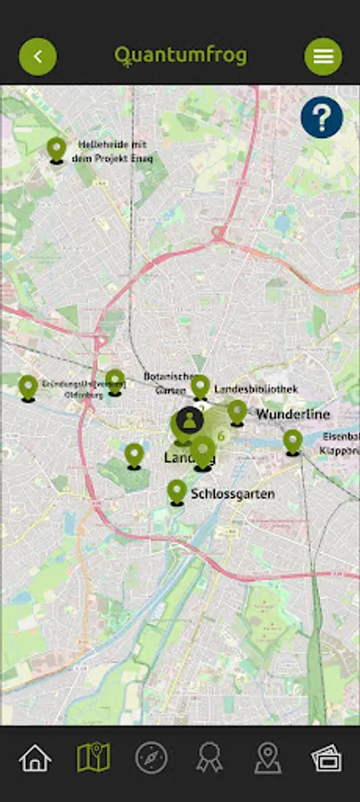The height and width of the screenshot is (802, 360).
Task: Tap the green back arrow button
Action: (37, 57)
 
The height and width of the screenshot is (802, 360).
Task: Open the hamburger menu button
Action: (323, 57)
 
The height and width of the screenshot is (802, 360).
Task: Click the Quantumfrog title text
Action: (180, 56)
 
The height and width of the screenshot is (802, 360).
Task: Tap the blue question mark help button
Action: (322, 117)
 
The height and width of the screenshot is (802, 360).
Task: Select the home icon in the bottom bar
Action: (35, 758)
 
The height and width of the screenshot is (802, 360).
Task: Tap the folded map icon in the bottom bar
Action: (93, 758)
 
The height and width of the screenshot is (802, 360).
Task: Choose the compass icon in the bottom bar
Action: (151, 758)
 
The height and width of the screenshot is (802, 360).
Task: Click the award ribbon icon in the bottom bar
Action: (209, 758)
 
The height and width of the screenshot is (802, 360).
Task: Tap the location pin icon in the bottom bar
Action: (267, 758)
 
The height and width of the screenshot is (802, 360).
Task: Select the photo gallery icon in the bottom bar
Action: (326, 758)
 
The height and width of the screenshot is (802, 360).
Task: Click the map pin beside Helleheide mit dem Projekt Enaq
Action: (57, 149)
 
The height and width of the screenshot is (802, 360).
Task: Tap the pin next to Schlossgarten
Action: (176, 491)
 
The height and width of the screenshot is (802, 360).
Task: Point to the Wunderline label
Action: (293, 414)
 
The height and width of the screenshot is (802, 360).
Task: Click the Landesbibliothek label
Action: (256, 389)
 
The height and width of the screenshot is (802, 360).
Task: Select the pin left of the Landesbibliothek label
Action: (200, 386)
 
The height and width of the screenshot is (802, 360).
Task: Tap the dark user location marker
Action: (189, 421)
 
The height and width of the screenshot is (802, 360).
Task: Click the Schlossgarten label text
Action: (233, 493)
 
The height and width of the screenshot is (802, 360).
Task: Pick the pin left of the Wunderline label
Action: (237, 411)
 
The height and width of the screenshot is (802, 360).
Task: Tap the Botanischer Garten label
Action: (170, 383)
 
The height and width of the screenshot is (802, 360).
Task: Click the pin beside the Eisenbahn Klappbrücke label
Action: (293, 441)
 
